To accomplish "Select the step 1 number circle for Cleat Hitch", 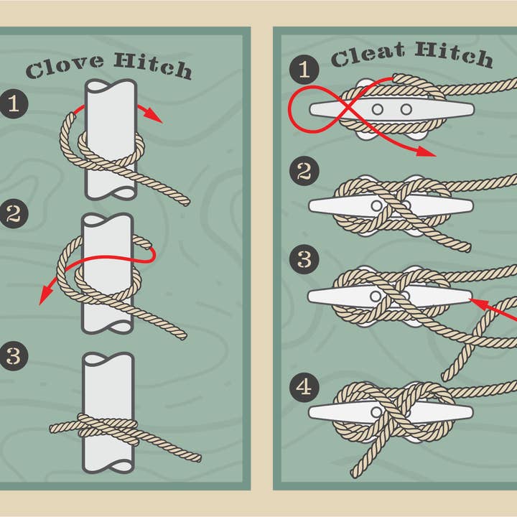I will tap(304, 70).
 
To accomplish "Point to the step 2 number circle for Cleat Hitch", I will tap(304, 172).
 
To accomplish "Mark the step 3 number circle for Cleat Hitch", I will tap(304, 259).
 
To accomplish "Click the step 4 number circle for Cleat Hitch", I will tap(304, 388).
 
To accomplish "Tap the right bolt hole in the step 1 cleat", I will tap(406, 109).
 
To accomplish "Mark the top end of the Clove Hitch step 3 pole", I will tap(108, 358).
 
